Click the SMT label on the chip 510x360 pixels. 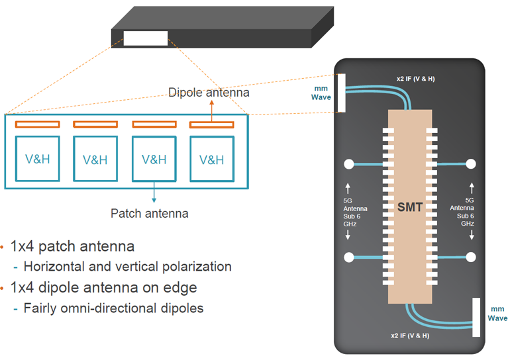pyautogui.click(x=409, y=207)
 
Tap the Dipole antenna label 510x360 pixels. pyautogui.click(x=209, y=93)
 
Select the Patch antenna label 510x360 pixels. pyautogui.click(x=149, y=213)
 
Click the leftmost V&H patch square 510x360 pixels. pyautogui.click(x=38, y=159)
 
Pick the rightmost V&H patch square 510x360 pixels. pyautogui.click(x=212, y=159)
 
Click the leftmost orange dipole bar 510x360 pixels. pyautogui.click(x=38, y=124)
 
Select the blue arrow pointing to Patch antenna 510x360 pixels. pyautogui.click(x=154, y=191)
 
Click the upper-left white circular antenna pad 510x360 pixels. pyautogui.click(x=348, y=164)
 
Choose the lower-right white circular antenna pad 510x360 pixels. pyautogui.click(x=471, y=257)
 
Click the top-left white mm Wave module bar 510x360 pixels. pyautogui.click(x=342, y=93)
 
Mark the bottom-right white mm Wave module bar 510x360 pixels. pyautogui.click(x=476, y=317)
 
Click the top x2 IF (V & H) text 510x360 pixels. pyautogui.click(x=416, y=79)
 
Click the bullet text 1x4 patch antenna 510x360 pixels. pyautogui.click(x=72, y=247)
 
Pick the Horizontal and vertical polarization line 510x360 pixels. pyautogui.click(x=127, y=267)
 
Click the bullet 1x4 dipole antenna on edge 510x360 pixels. pyautogui.click(x=103, y=288)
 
